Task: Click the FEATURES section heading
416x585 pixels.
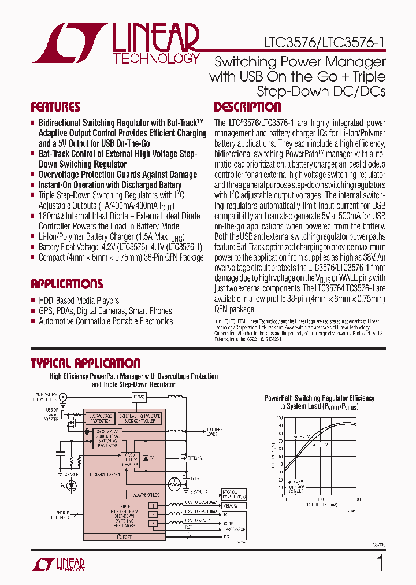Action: click(x=55, y=108)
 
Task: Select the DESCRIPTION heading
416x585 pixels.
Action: click(x=247, y=108)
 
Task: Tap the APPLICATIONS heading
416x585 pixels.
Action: click(x=66, y=284)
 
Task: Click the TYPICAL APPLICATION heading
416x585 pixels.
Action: click(x=86, y=364)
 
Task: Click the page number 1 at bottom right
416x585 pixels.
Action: click(x=380, y=563)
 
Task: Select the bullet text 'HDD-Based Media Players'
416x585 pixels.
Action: click(x=79, y=301)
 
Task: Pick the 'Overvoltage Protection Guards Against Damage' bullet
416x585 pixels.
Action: click(x=118, y=175)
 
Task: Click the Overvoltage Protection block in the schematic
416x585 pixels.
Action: click(x=100, y=418)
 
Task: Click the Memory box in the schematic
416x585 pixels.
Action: click(x=234, y=506)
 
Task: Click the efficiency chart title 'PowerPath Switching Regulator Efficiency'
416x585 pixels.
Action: click(x=319, y=398)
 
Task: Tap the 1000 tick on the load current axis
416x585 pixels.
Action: click(x=356, y=499)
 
